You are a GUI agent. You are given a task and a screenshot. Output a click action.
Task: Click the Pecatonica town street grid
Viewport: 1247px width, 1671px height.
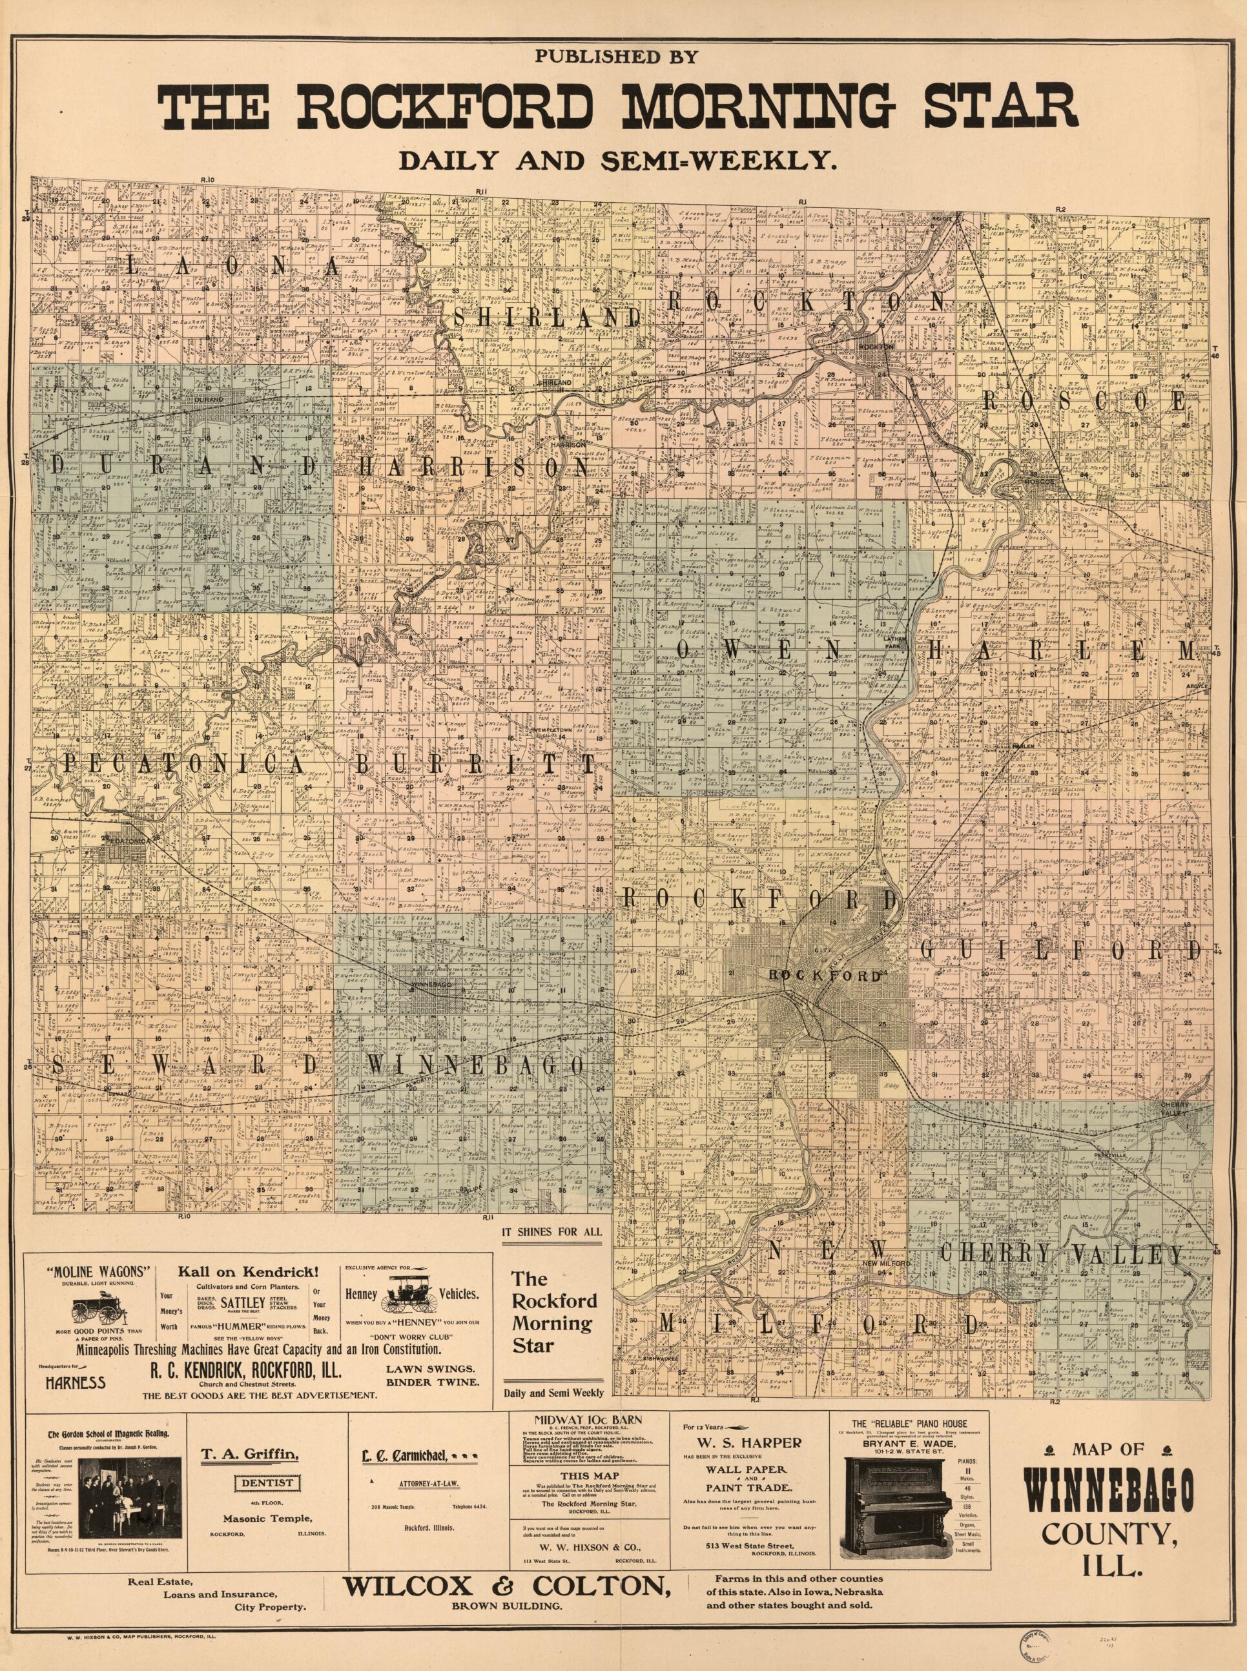(x=121, y=854)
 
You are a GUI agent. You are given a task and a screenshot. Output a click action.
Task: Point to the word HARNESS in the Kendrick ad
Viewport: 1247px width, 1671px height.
(x=76, y=1382)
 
